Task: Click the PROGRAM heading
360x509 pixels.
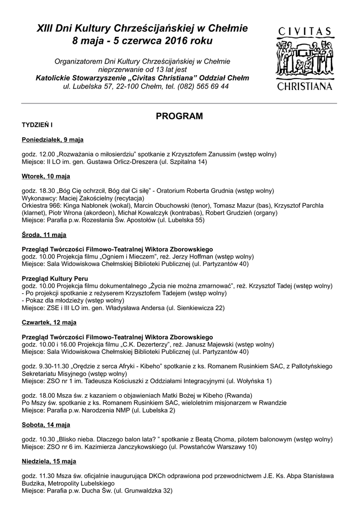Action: coord(180,116)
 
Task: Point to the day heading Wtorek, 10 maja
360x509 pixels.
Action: coord(46,176)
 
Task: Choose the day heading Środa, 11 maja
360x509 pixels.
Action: coord(44,235)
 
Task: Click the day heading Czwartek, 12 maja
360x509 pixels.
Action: coord(49,323)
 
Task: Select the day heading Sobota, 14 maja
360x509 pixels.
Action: coord(46,425)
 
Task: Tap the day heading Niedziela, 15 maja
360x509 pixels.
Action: coord(49,462)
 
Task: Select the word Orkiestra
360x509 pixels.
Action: coord(35,206)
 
